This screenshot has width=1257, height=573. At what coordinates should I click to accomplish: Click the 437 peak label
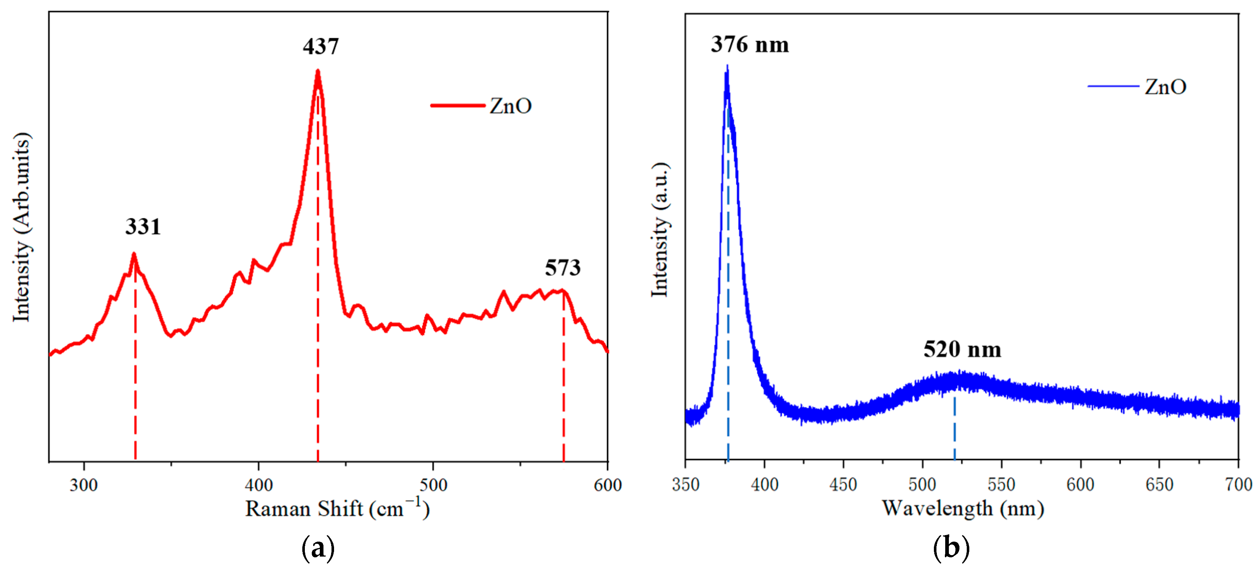click(321, 47)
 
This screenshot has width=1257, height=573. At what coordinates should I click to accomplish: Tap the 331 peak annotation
click(143, 227)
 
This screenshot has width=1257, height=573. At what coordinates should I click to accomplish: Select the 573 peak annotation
click(563, 268)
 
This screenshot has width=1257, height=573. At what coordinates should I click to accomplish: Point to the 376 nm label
click(750, 45)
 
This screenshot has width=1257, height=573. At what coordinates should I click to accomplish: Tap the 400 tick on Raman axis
click(258, 485)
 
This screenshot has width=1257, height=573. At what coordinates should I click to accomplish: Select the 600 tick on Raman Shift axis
click(608, 485)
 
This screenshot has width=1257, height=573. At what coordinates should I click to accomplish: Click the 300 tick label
click(84, 485)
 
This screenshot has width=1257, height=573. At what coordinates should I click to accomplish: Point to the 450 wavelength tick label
click(843, 484)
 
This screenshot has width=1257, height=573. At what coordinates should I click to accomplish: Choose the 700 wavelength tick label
click(1238, 484)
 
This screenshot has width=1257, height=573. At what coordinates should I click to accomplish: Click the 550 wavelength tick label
click(1001, 484)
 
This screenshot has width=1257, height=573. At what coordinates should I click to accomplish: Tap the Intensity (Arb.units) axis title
click(22, 227)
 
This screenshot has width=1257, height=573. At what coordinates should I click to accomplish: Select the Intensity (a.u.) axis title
click(660, 229)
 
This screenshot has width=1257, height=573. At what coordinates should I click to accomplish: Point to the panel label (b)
click(951, 547)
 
